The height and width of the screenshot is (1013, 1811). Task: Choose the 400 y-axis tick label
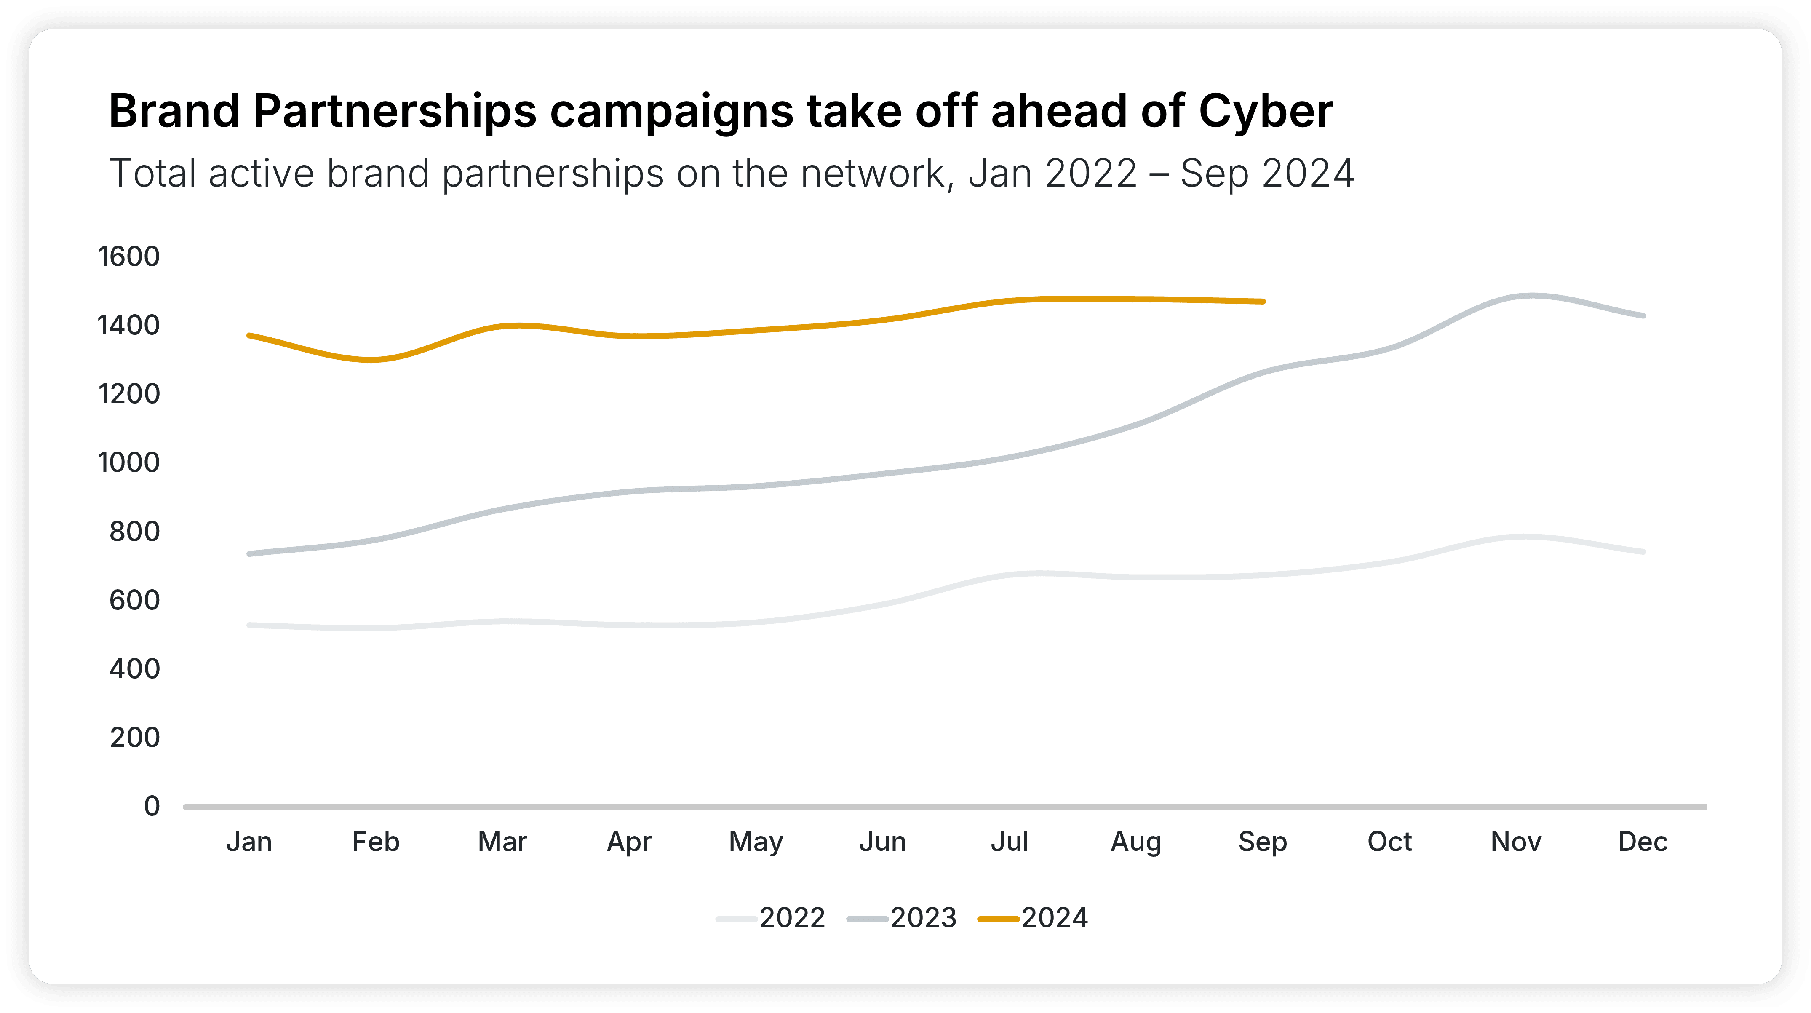[x=134, y=668]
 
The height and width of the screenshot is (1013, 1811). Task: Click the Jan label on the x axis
[x=249, y=842]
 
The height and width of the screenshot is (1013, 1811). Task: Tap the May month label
[x=756, y=842]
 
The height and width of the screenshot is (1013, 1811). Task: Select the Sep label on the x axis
[x=1263, y=842]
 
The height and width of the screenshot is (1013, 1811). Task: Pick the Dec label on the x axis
[x=1643, y=842]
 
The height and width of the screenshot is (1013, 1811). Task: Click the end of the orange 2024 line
[x=1263, y=302]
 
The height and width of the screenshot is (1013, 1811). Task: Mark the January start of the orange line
[x=250, y=335]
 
